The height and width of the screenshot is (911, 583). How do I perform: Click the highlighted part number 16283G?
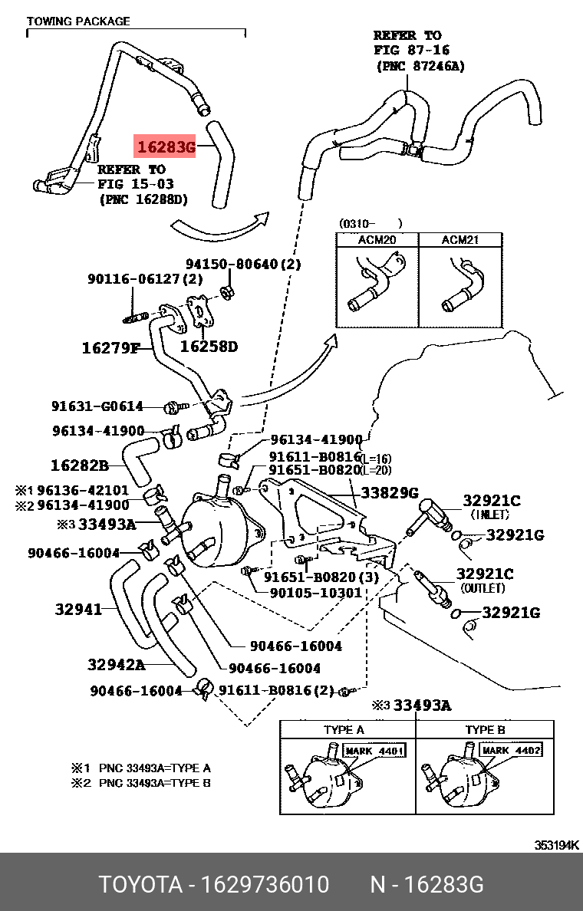(166, 146)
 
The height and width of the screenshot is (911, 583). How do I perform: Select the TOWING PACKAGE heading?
(78, 21)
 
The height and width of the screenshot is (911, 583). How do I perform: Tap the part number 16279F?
(110, 348)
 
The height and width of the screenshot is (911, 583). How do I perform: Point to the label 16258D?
(209, 347)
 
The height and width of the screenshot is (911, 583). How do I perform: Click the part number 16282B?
(79, 465)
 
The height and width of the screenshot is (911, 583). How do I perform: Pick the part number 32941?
(78, 610)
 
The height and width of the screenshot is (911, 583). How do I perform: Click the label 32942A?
(116, 664)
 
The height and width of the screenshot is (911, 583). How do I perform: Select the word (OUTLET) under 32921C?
(483, 588)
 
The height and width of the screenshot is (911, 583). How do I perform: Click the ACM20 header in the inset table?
(377, 240)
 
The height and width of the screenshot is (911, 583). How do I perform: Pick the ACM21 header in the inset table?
(460, 240)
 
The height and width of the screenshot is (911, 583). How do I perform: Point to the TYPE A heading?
(344, 729)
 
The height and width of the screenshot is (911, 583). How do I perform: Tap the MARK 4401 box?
(374, 751)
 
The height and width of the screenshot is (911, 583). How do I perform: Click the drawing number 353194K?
(557, 845)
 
